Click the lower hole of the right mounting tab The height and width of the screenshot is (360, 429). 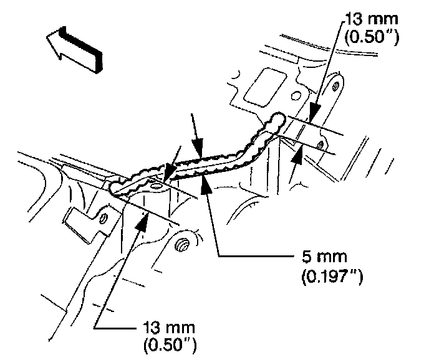coord(321,145)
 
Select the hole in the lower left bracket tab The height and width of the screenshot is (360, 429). coord(104,217)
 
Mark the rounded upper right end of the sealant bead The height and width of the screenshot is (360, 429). coord(279,119)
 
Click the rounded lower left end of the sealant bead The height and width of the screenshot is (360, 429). coord(115,186)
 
